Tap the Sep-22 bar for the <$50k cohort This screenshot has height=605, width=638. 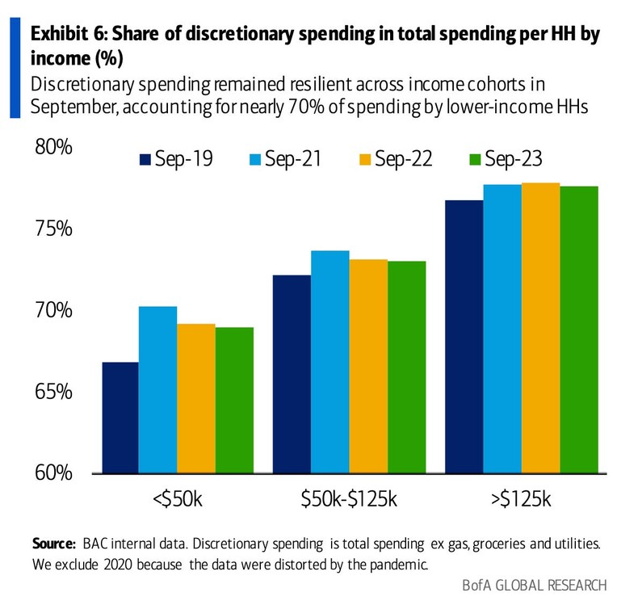point(196,398)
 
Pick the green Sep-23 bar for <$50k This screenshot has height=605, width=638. point(234,400)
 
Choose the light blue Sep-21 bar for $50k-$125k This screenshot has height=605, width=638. point(330,362)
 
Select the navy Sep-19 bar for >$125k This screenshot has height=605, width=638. point(464,337)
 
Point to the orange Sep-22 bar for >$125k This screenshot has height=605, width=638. point(541,328)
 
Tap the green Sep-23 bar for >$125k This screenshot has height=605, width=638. point(579,330)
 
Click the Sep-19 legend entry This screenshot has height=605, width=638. point(176,158)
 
